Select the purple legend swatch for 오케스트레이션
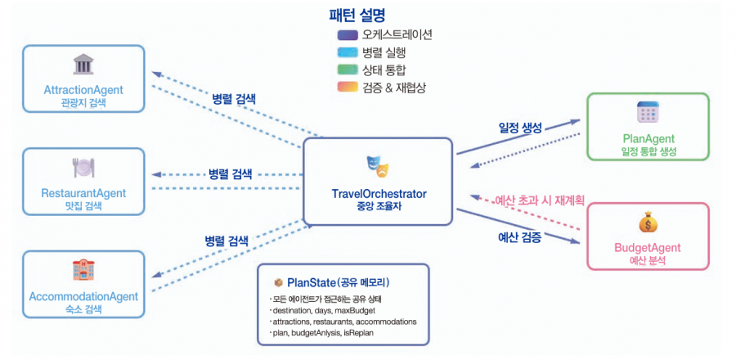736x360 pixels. point(348,35)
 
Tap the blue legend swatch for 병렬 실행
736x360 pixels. point(348,52)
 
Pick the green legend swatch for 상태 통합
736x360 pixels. point(348,70)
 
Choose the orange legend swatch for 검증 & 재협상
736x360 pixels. point(348,87)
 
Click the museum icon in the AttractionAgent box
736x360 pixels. point(83,65)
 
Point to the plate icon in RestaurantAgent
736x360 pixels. point(83,169)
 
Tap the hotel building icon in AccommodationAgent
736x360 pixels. point(83,271)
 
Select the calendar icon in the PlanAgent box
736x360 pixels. point(648,112)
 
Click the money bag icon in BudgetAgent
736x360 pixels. point(647,223)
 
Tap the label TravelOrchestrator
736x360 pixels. point(378,194)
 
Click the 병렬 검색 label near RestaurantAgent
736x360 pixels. point(230,174)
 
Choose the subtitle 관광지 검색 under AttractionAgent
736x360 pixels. point(83,104)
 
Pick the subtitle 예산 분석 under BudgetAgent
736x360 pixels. point(647,260)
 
